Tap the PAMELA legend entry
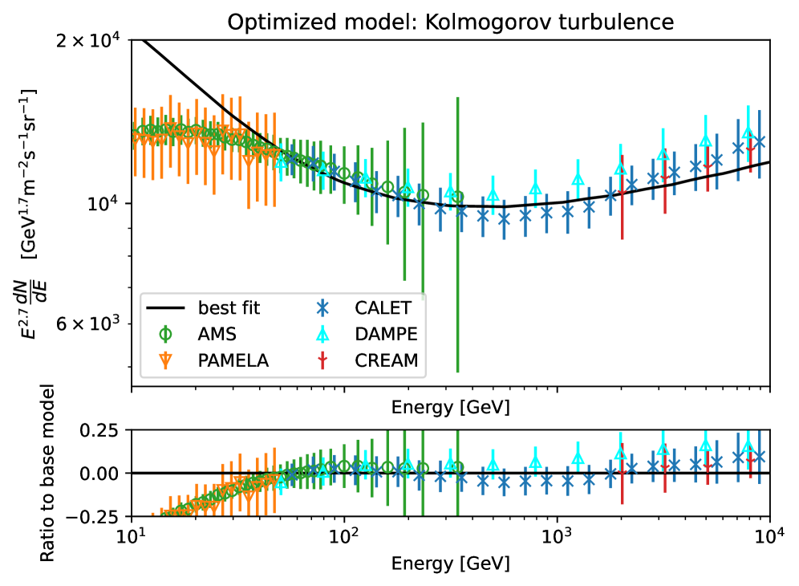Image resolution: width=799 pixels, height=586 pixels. [233, 360]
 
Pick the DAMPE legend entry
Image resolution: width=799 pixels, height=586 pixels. [387, 334]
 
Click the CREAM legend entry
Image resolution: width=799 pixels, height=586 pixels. [387, 360]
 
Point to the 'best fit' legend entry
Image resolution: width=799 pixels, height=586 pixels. [229, 307]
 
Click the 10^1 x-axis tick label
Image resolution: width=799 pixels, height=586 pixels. [132, 535]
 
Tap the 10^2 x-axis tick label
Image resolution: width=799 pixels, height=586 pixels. [344, 535]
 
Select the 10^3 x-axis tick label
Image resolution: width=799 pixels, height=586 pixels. [557, 535]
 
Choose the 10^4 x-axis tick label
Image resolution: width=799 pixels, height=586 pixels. [769, 535]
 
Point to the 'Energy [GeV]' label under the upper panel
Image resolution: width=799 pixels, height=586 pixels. [450, 407]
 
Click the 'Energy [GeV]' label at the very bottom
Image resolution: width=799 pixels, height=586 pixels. [450, 564]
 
